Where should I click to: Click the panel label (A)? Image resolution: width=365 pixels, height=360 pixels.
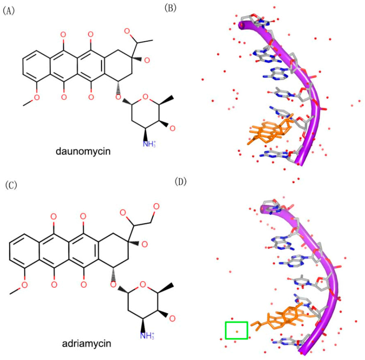coord(8,11)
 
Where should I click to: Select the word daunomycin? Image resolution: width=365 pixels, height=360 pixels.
coord(83,152)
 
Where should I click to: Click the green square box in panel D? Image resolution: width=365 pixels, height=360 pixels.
coord(236,330)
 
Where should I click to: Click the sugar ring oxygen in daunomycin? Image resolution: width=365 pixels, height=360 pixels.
coord(144,96)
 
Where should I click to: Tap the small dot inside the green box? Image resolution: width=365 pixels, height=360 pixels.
coord(237,332)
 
